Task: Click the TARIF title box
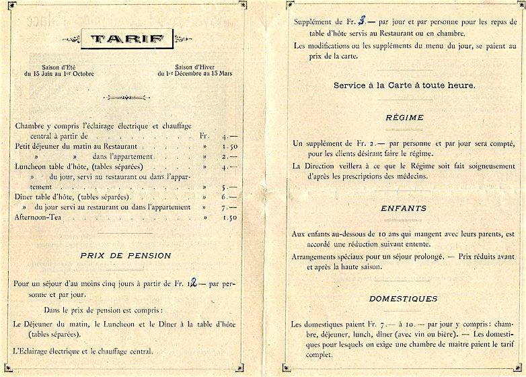tap(126, 38)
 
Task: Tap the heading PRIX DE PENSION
tap(126, 256)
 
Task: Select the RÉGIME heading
tap(404, 117)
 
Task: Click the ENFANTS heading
tap(404, 209)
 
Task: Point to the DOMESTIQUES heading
tap(404, 298)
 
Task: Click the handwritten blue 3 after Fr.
tap(362, 21)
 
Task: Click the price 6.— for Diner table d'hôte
tap(228, 197)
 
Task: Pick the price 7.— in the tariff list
tap(228, 207)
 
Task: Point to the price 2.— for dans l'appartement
tap(228, 156)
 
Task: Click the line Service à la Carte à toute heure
tap(404, 85)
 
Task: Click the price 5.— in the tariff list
tap(228, 186)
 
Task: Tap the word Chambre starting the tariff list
tap(30, 125)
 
